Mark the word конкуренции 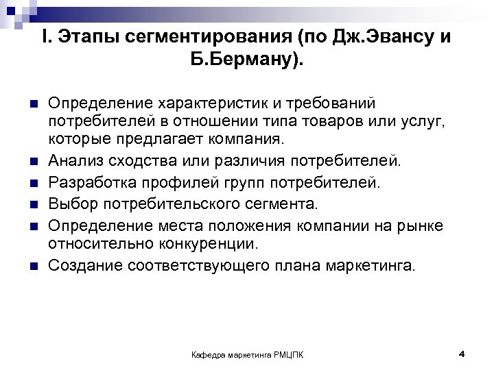(x=220, y=243)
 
